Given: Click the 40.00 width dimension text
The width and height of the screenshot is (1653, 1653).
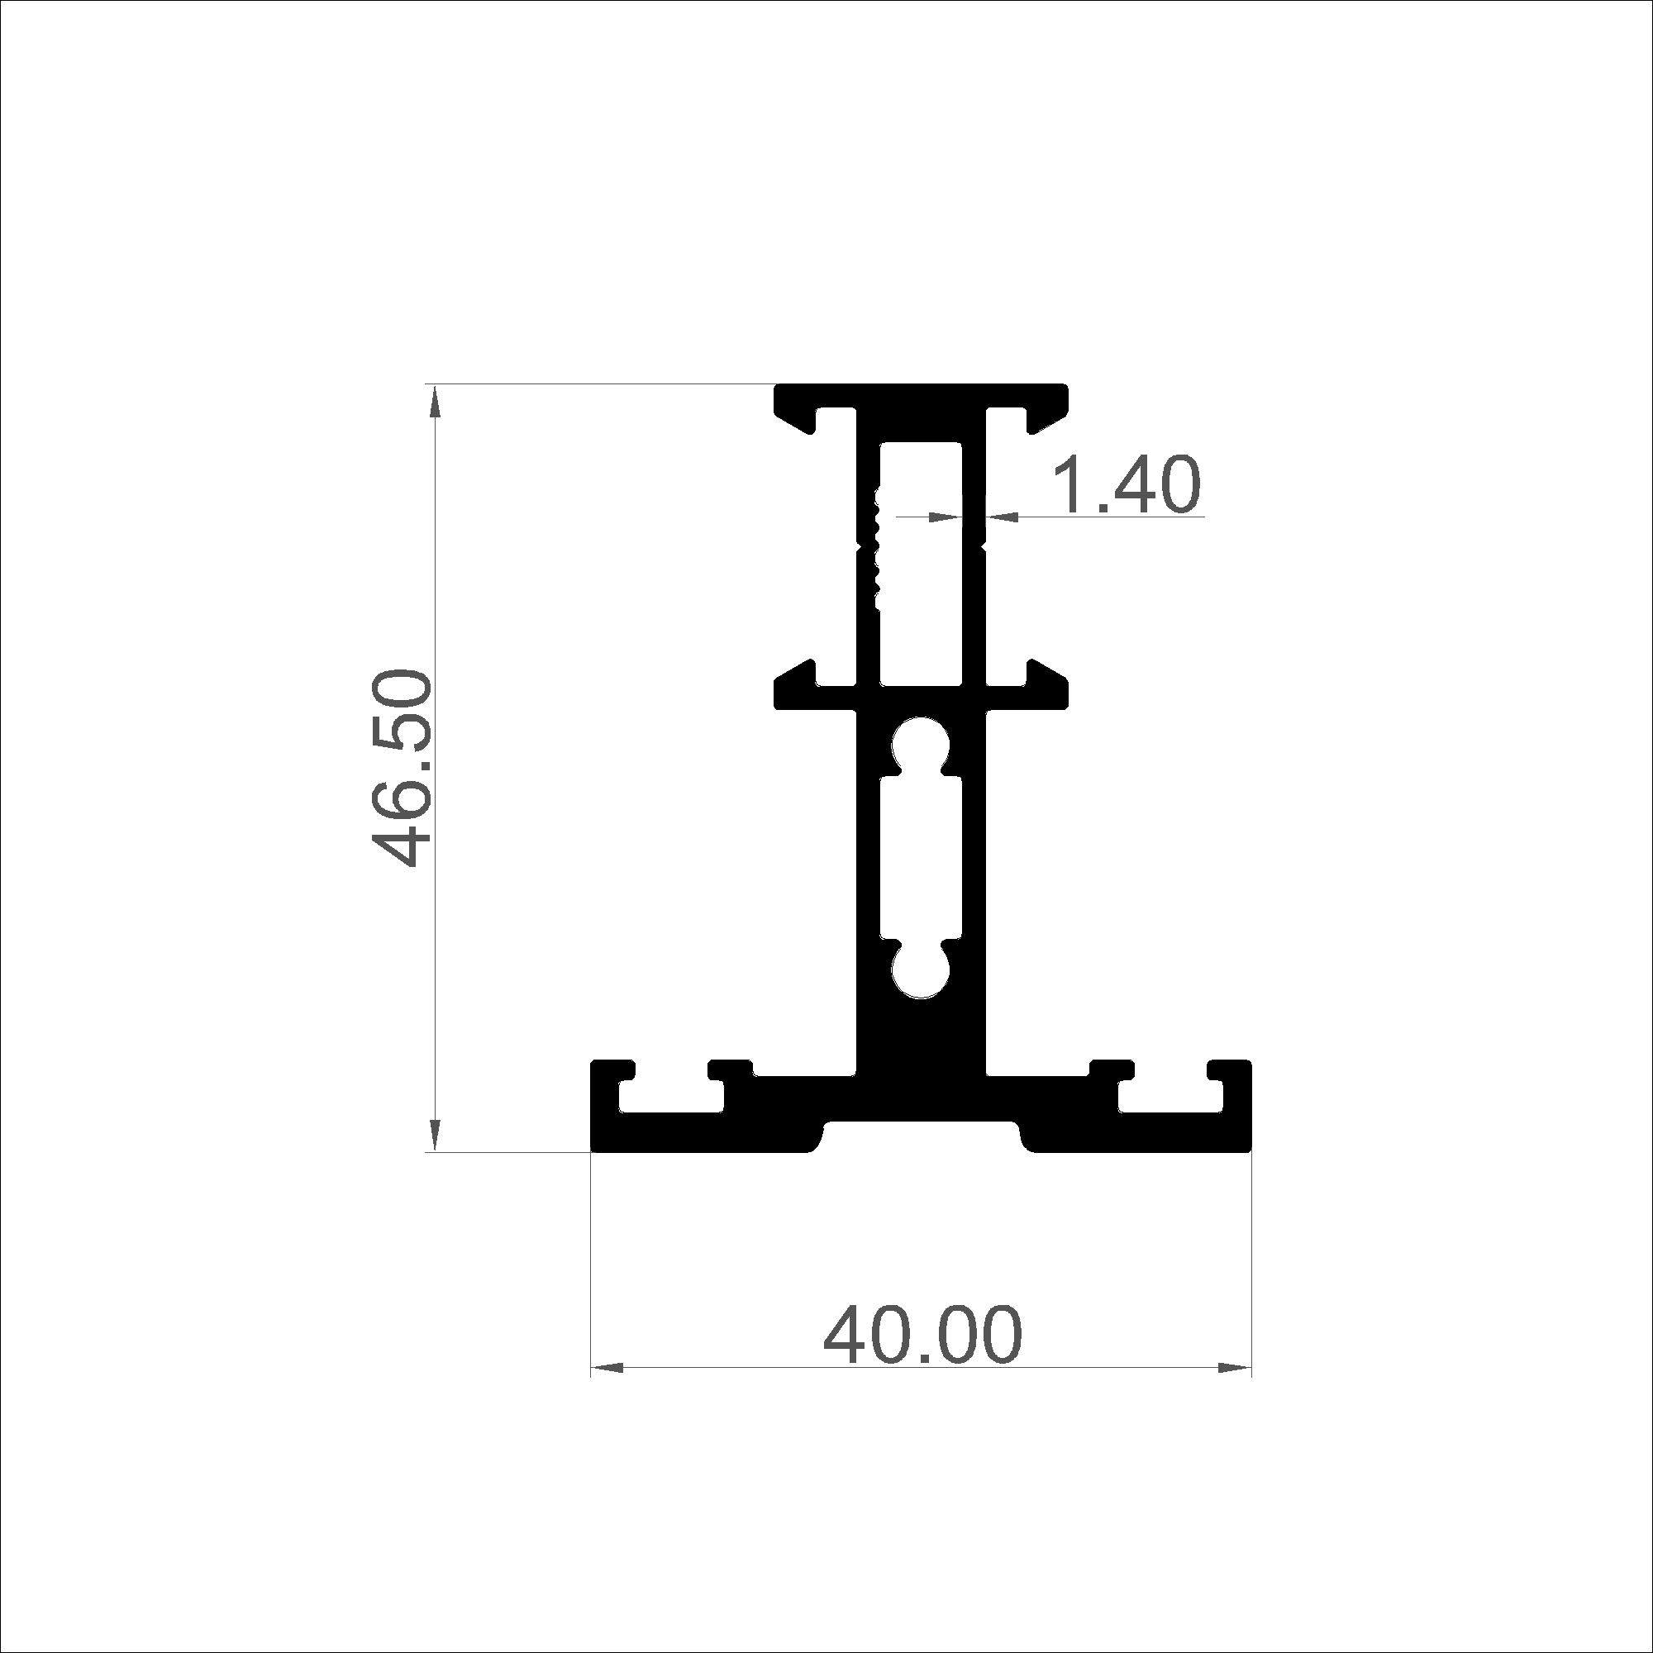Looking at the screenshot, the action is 922,1336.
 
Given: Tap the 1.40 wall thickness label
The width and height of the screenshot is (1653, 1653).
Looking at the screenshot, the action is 1125,485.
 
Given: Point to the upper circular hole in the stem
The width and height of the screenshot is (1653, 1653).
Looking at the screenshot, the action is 921,744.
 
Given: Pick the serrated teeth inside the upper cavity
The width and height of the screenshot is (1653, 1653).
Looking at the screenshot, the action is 874,549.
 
